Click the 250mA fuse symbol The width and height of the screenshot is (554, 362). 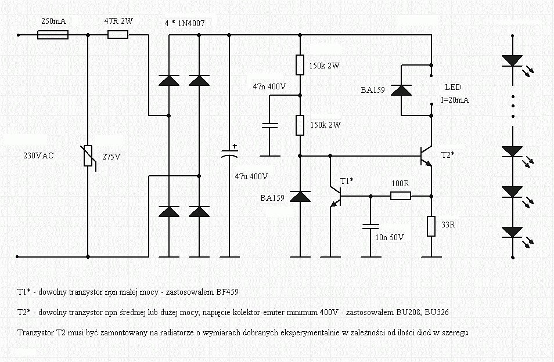(x=53, y=35)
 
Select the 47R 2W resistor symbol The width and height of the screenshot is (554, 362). (x=118, y=35)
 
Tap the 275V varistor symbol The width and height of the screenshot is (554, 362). (x=88, y=155)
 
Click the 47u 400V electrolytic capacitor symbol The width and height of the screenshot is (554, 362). (x=229, y=151)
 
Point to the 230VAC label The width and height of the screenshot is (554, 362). (x=38, y=155)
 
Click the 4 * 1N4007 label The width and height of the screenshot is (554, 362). (x=185, y=23)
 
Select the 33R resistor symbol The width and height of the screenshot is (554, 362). (x=431, y=226)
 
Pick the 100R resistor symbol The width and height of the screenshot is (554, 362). (x=401, y=196)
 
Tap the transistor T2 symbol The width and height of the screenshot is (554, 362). (x=426, y=155)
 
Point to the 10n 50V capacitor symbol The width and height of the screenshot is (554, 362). (x=370, y=226)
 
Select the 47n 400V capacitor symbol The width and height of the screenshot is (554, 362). (x=269, y=126)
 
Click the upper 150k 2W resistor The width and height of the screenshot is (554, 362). (x=300, y=65)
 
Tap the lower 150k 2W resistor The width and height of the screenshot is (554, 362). (x=300, y=125)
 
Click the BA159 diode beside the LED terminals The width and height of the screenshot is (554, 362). (x=401, y=91)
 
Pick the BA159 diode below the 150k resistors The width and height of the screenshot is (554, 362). (x=300, y=197)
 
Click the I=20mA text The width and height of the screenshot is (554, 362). (x=455, y=100)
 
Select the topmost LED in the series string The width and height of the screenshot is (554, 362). (x=512, y=60)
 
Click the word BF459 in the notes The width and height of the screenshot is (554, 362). (x=226, y=292)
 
